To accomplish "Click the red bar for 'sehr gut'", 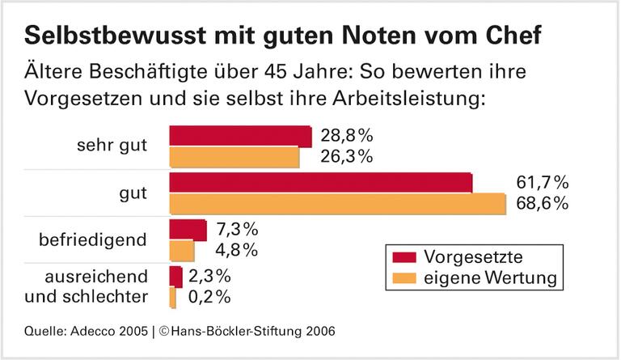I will click(239, 136).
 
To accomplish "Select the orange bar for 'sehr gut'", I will click(234, 157).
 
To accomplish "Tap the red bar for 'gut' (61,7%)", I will click(320, 183).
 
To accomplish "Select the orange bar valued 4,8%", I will click(181, 251).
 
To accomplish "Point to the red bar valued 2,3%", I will click(175, 276).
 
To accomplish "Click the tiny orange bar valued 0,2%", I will click(172, 298).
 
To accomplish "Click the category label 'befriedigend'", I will click(94, 240).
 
